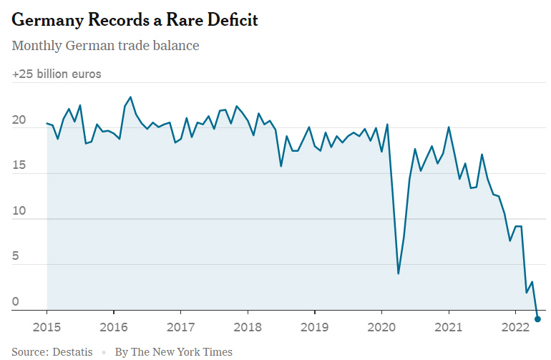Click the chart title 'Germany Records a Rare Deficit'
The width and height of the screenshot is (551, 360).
coord(135,20)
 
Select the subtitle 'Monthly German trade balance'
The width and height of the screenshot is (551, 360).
coord(105,46)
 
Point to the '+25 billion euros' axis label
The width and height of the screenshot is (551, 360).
coord(57,74)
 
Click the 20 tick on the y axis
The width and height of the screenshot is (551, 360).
coord(19,120)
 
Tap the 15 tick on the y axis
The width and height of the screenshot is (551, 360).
coord(19,166)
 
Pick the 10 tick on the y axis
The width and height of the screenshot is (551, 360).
coord(19,212)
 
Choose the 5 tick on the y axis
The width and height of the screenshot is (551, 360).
coord(16,257)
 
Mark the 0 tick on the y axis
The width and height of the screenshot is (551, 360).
coord(16,303)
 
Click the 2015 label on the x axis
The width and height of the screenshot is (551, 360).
coord(47,327)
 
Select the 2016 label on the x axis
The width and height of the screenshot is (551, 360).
coord(114,327)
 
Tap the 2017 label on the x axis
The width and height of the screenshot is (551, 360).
coord(180,327)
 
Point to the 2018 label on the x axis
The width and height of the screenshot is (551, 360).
coord(248,327)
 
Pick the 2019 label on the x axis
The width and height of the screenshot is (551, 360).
coord(314,327)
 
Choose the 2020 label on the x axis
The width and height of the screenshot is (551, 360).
coord(381,327)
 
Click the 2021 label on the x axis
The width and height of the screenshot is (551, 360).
coord(449,327)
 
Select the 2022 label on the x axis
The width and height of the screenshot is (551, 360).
coord(515,327)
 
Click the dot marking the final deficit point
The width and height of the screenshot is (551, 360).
coord(537,319)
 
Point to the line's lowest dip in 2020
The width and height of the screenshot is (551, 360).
coord(398,273)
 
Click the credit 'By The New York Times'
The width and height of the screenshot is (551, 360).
coord(173,352)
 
